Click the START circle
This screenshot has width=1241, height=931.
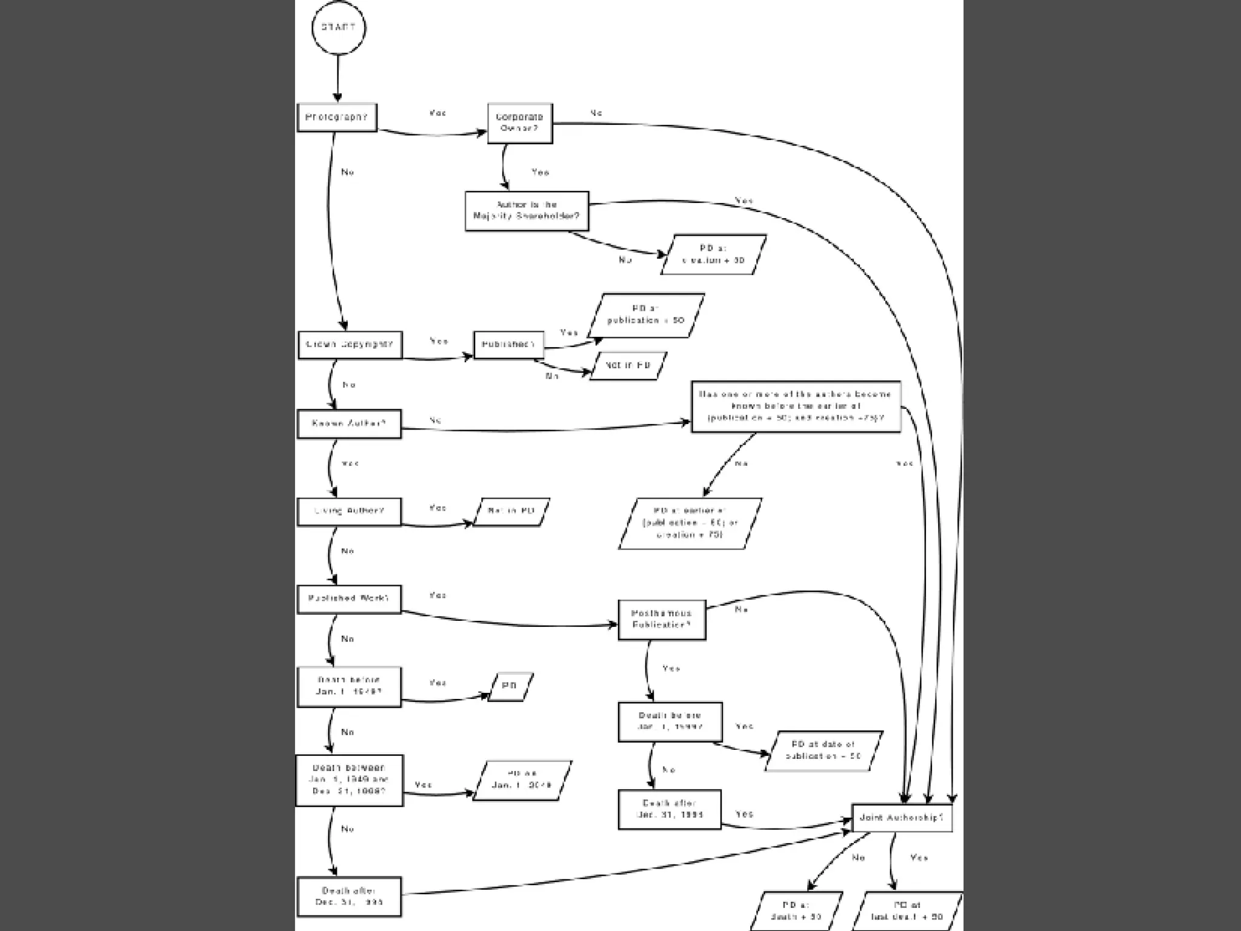click(338, 28)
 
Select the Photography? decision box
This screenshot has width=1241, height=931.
click(337, 118)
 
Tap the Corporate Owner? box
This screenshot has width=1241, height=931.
click(520, 123)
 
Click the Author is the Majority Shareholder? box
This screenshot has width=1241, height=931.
click(527, 211)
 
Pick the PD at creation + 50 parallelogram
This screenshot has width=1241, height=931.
click(713, 254)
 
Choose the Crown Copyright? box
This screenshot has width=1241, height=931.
click(350, 345)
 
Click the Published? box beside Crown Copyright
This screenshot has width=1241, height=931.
click(508, 345)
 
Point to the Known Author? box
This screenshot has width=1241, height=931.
click(349, 424)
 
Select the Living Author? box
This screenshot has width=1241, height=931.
click(349, 511)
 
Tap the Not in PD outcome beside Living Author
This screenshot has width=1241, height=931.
click(511, 512)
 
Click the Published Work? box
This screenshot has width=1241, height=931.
click(349, 599)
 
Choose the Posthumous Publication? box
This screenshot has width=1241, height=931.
click(662, 620)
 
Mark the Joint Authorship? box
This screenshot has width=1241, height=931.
click(902, 818)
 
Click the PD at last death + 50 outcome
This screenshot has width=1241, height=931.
click(907, 911)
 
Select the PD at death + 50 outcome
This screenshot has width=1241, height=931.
click(796, 911)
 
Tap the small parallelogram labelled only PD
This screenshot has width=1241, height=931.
click(510, 686)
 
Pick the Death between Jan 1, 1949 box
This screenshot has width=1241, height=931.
click(349, 780)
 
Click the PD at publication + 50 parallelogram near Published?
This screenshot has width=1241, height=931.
click(646, 315)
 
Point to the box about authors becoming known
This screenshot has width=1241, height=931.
click(796, 406)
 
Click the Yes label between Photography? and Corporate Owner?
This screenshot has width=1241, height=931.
click(438, 113)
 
